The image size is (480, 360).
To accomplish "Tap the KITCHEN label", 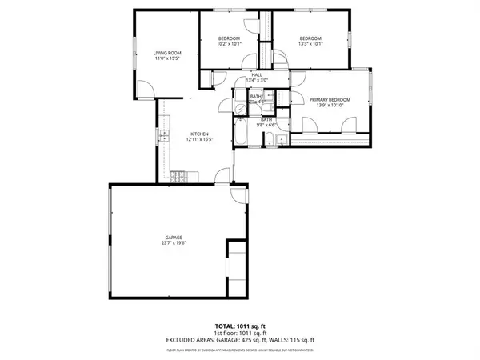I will pyautogui.click(x=199, y=133).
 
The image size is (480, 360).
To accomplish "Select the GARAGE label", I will pyautogui.click(x=174, y=237).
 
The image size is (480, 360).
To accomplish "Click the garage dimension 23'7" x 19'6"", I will pyautogui.click(x=174, y=243).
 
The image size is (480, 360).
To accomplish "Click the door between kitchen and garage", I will pyautogui.click(x=238, y=194).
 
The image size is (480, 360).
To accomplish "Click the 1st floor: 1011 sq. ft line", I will pyautogui.click(x=240, y=334).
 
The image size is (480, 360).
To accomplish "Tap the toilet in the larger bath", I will pyautogui.click(x=271, y=142).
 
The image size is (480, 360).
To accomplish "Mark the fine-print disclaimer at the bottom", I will pyautogui.click(x=240, y=350).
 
